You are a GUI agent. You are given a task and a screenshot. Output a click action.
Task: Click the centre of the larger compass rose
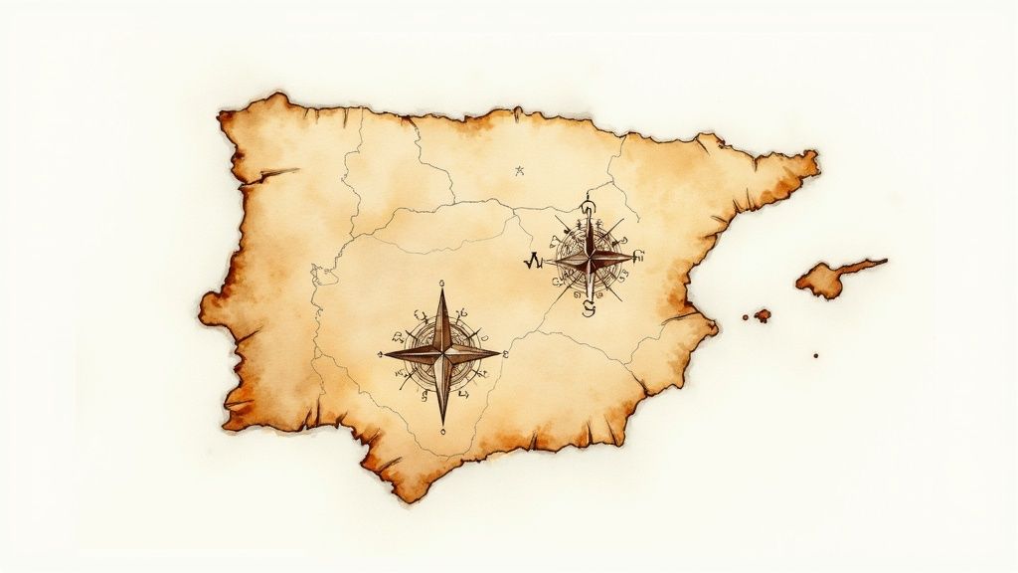point(442,352)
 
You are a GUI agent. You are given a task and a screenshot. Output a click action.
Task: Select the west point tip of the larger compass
point(385,353)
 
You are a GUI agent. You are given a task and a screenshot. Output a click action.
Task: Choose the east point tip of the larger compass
point(500,351)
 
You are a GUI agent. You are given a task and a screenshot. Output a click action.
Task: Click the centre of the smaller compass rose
point(590,259)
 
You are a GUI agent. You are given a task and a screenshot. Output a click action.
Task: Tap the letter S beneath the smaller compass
point(588,309)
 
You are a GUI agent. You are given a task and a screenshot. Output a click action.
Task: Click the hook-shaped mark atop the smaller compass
point(588,207)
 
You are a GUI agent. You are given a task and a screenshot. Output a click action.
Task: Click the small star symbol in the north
point(518,171)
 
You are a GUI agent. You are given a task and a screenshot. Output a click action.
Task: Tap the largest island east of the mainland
point(825,280)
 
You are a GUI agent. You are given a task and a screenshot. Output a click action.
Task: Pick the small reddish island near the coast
point(763,315)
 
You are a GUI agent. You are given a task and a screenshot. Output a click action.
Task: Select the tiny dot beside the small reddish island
point(746,316)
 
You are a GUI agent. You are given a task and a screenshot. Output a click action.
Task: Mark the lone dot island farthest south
point(816,354)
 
